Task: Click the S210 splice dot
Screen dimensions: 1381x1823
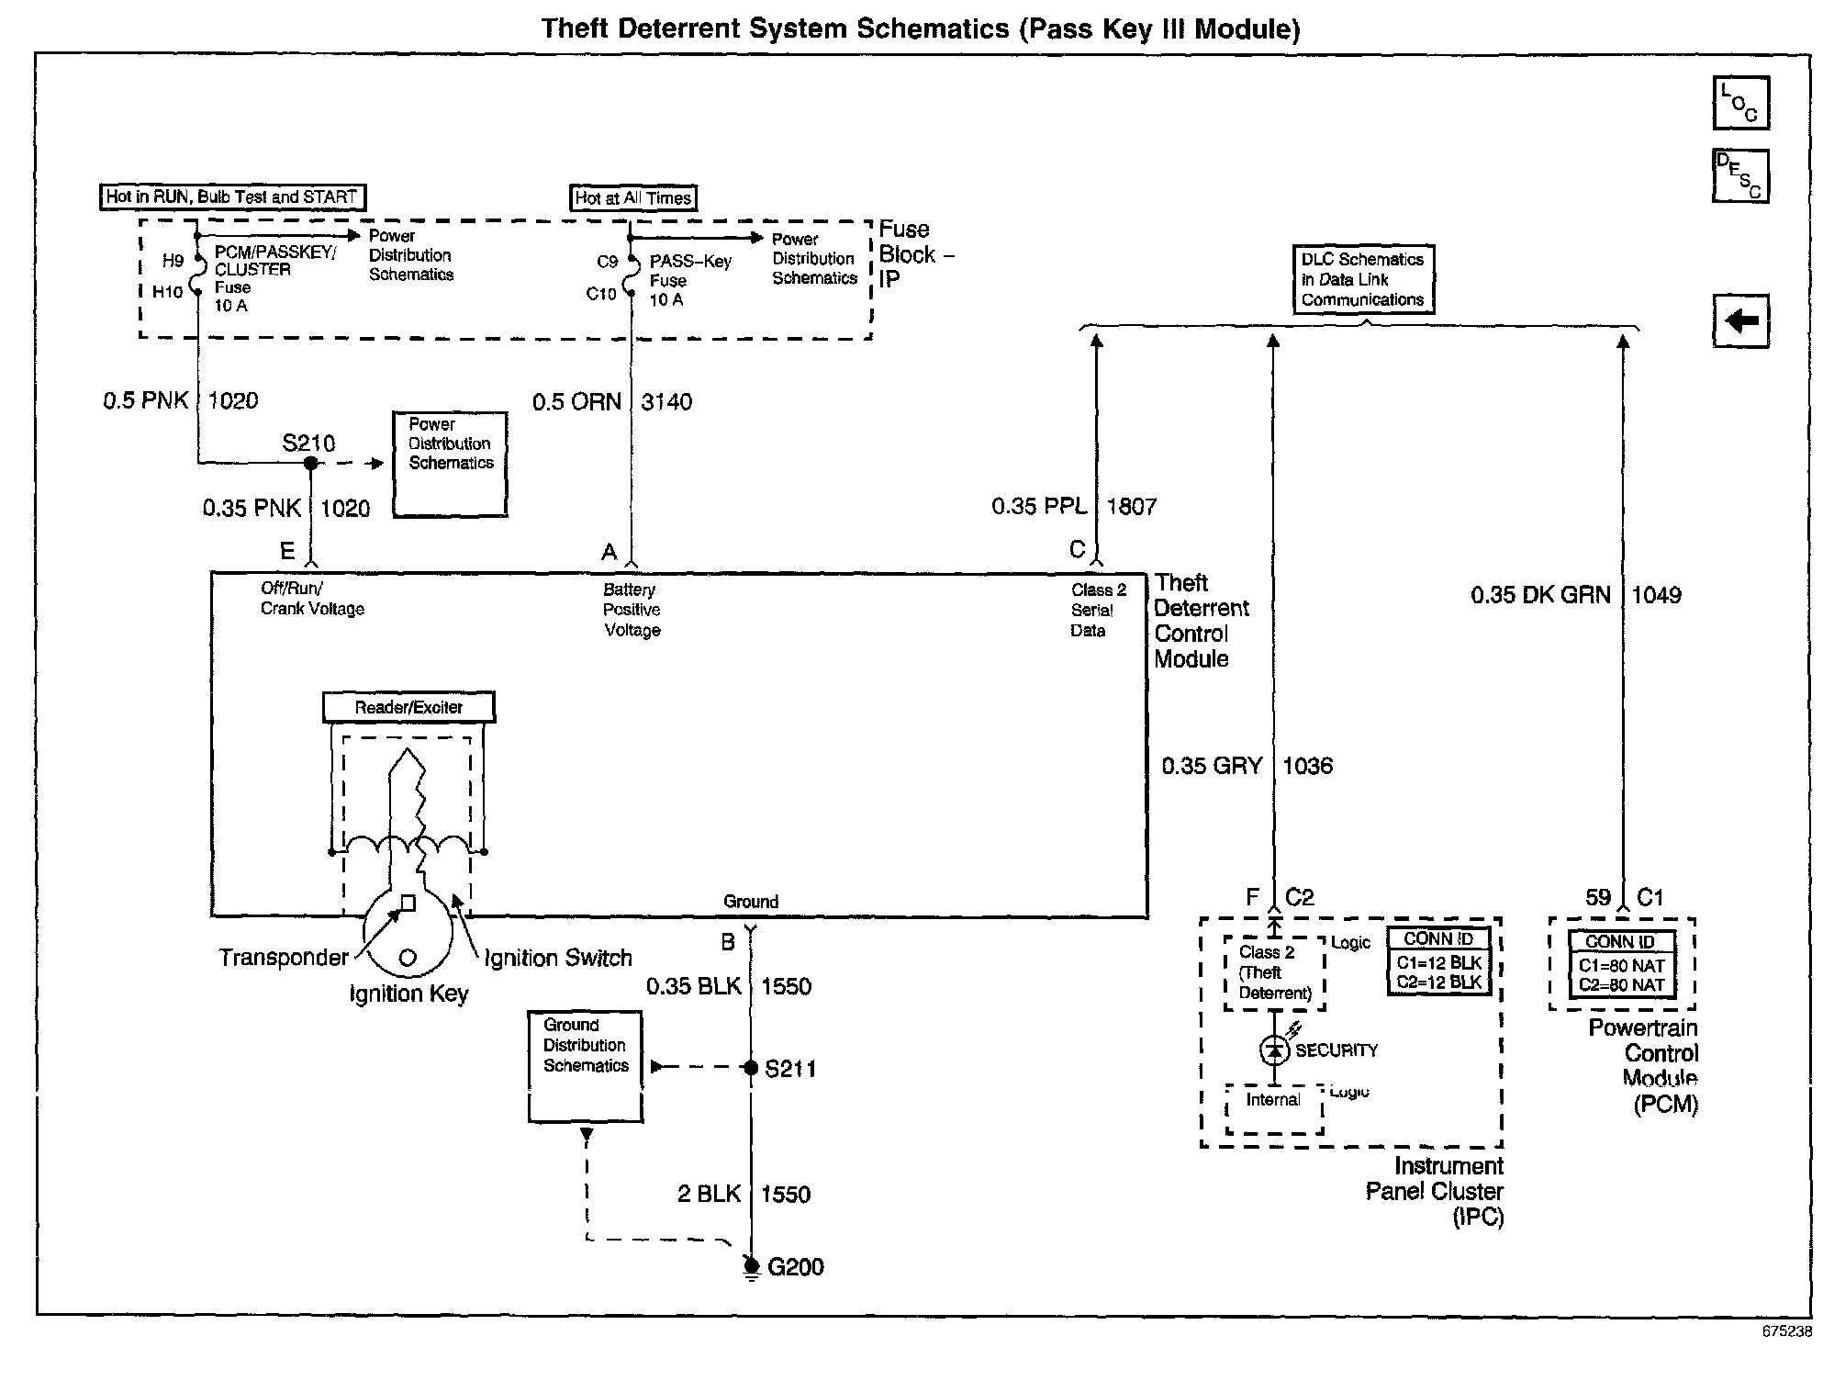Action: [x=311, y=464]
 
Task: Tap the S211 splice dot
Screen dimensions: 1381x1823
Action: [x=751, y=1068]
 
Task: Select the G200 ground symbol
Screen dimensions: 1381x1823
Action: [x=751, y=1268]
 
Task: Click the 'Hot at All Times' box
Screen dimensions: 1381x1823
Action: [x=633, y=197]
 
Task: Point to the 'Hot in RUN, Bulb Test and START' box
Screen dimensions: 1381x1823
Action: [x=232, y=196]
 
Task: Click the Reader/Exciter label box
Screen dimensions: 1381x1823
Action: [x=408, y=707]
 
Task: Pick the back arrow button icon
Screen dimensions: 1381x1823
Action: [x=1740, y=320]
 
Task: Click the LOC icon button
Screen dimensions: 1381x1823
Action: [x=1740, y=104]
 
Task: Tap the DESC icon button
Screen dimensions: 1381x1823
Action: [x=1740, y=175]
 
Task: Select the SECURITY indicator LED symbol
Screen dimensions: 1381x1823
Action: [x=1274, y=1050]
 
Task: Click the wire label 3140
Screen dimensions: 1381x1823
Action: [x=666, y=402]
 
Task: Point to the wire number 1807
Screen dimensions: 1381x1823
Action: [x=1132, y=507]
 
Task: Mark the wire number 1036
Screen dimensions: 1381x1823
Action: [x=1307, y=766]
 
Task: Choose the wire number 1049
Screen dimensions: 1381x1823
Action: [x=1657, y=595]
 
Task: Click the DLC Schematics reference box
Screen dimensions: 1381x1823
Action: [x=1363, y=279]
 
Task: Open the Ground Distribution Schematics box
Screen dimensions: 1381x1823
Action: [x=586, y=1066]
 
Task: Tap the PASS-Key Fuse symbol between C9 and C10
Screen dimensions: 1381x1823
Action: [x=631, y=277]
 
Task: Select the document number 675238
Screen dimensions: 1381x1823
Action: [x=1786, y=1331]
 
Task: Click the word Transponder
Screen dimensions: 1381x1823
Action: [x=284, y=958]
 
